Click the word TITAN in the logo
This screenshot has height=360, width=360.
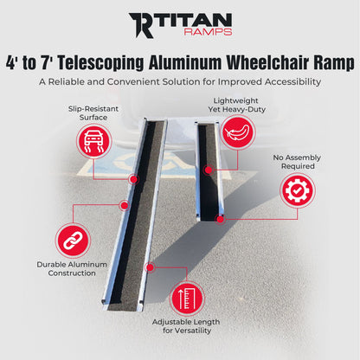195,21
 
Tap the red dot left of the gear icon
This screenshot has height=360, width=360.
222,219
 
